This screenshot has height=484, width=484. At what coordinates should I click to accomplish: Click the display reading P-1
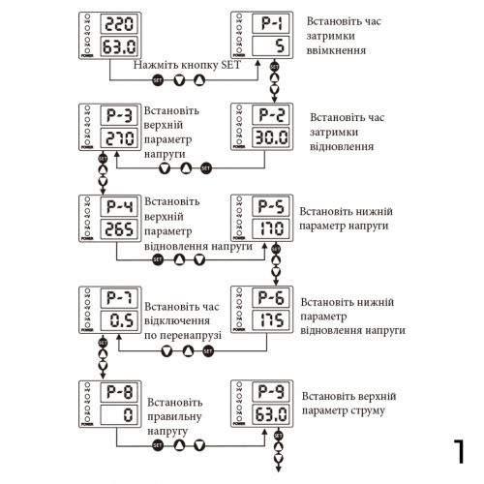[270, 22]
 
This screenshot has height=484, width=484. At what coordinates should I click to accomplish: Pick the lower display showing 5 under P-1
[270, 45]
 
